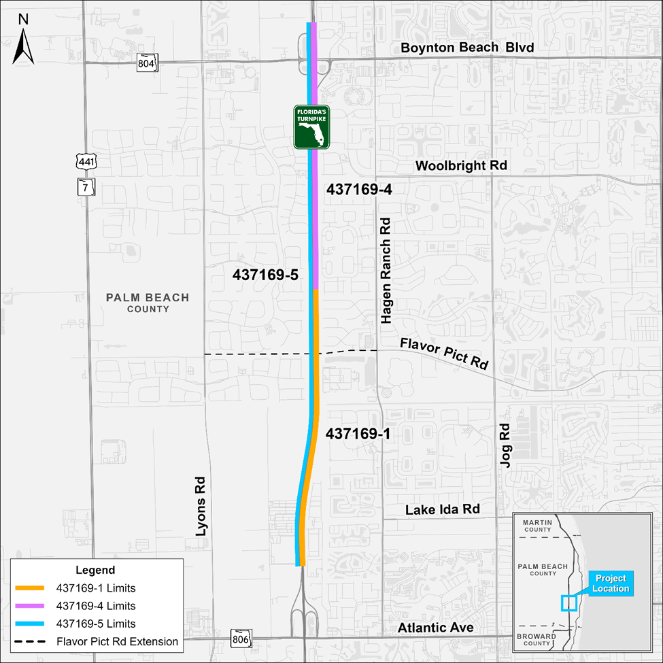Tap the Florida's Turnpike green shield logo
coord(311,127)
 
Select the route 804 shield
coord(146,61)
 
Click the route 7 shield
coord(84,186)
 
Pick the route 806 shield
coord(240,637)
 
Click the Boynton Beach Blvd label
coord(467,48)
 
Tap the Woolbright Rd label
coord(461,165)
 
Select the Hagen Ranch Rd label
coord(386,270)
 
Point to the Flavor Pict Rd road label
coord(444,353)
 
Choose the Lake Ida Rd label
coord(443,509)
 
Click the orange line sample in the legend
coord(32,588)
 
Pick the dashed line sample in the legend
coord(32,641)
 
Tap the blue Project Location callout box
coord(610,583)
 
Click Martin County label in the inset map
coord(537,525)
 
